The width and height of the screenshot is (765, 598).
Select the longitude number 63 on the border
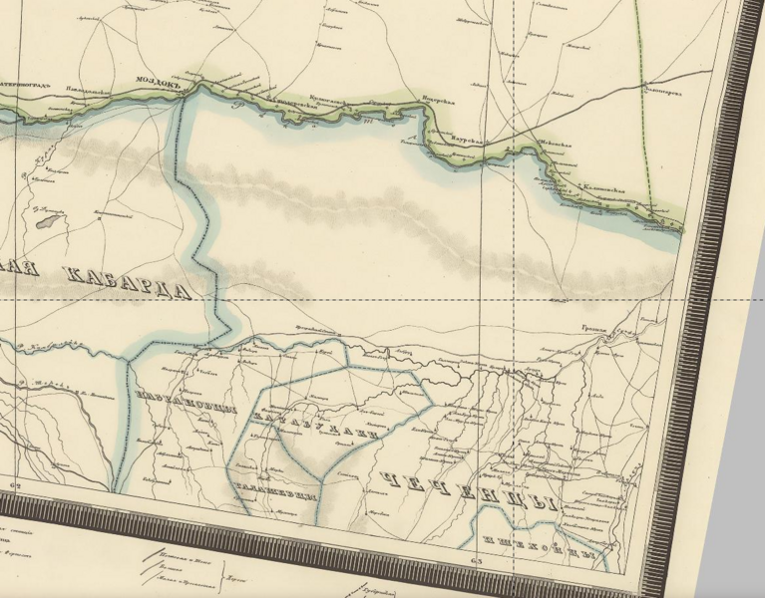point(475,563)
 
